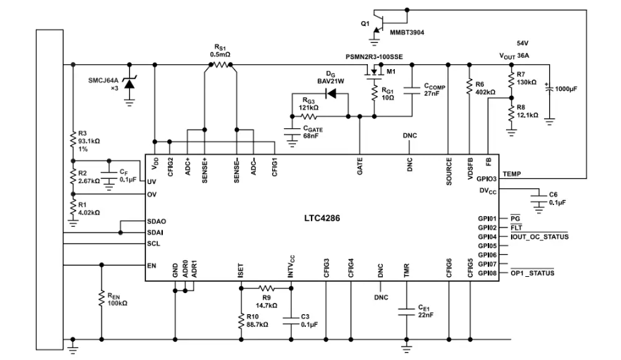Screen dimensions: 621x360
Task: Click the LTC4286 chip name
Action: tap(322, 218)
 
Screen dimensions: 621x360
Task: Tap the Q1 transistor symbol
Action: tap(377, 25)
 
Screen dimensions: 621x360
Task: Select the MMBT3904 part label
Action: tap(407, 32)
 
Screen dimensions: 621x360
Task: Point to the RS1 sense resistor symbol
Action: tap(221, 65)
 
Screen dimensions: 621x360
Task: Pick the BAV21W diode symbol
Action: tap(331, 94)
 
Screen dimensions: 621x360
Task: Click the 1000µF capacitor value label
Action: tap(566, 89)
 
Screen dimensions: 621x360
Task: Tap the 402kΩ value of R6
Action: tap(485, 92)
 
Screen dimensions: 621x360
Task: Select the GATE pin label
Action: tap(359, 166)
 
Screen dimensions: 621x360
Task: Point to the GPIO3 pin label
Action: tap(487, 179)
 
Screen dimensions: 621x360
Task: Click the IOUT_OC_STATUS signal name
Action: tap(539, 237)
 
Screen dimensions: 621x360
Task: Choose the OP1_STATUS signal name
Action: tap(532, 273)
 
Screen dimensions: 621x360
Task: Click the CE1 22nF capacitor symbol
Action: tap(406, 312)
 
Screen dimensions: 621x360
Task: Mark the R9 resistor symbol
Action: tap(266, 288)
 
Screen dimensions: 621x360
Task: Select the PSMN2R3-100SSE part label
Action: tap(374, 56)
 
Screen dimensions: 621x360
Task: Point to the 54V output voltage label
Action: tap(522, 43)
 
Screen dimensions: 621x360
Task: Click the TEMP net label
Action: tap(512, 174)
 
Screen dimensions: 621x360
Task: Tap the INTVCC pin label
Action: tap(291, 266)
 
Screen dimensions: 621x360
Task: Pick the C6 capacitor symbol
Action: tap(539, 199)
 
